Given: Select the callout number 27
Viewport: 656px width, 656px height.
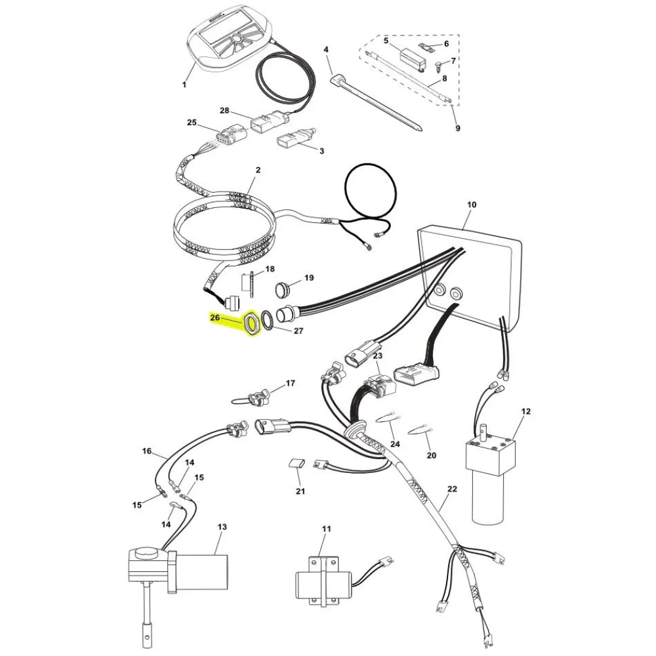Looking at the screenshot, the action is click(x=298, y=331).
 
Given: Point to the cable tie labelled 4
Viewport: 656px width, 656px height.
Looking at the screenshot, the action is click(x=376, y=104).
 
